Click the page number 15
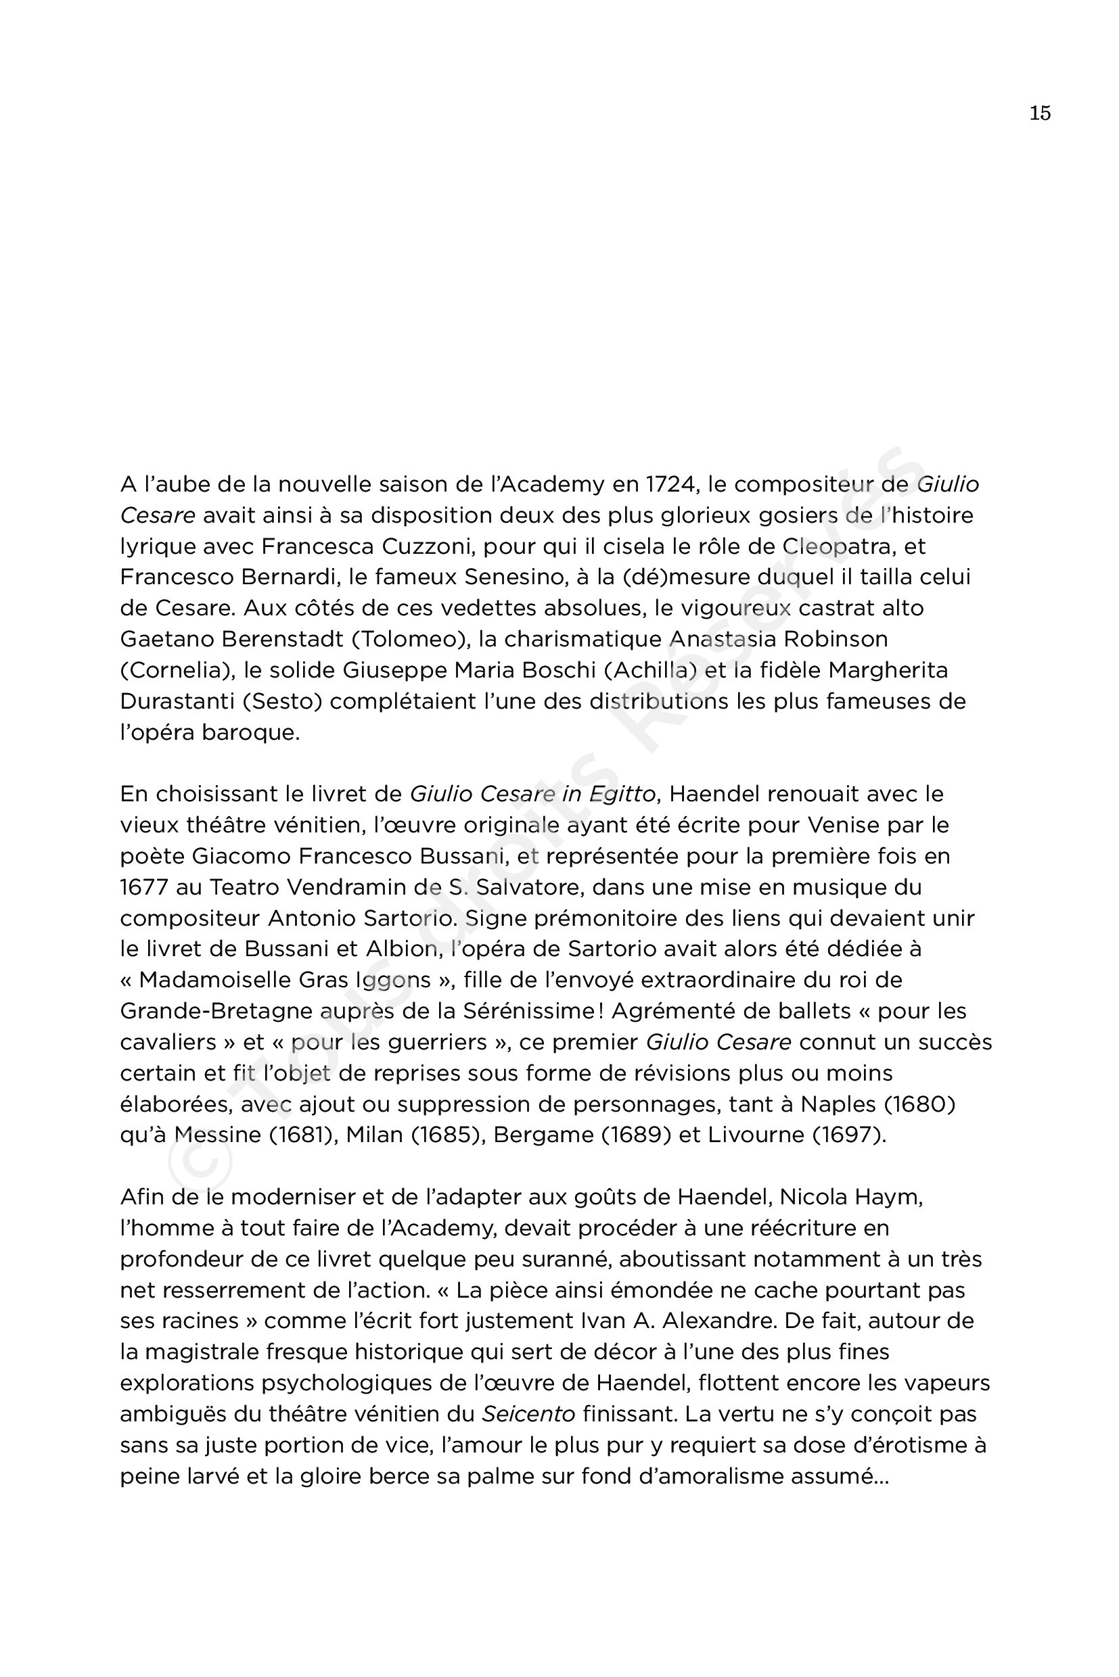(1040, 114)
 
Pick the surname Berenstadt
(283, 639)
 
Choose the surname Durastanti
(177, 701)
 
